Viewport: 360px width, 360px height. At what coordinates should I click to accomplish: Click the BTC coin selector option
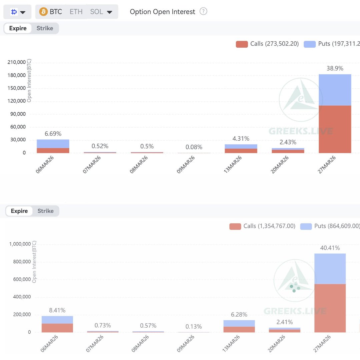[51, 12]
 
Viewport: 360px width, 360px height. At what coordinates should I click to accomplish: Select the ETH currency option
[76, 12]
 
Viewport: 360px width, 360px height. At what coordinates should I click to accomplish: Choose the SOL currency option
[97, 12]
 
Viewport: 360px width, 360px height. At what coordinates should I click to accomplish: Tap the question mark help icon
[203, 11]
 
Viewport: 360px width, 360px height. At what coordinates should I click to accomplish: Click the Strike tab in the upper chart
[45, 28]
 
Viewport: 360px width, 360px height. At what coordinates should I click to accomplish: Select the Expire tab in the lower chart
[19, 211]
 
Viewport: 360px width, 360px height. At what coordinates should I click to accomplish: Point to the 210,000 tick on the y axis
[16, 62]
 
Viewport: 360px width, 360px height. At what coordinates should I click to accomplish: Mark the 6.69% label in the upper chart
[53, 134]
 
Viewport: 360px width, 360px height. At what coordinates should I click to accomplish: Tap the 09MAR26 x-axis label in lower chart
[186, 344]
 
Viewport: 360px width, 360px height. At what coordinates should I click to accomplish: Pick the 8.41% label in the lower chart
[57, 310]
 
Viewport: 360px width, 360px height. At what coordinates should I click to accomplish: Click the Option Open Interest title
[162, 12]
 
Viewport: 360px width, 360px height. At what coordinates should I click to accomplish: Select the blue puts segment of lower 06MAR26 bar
[57, 320]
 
